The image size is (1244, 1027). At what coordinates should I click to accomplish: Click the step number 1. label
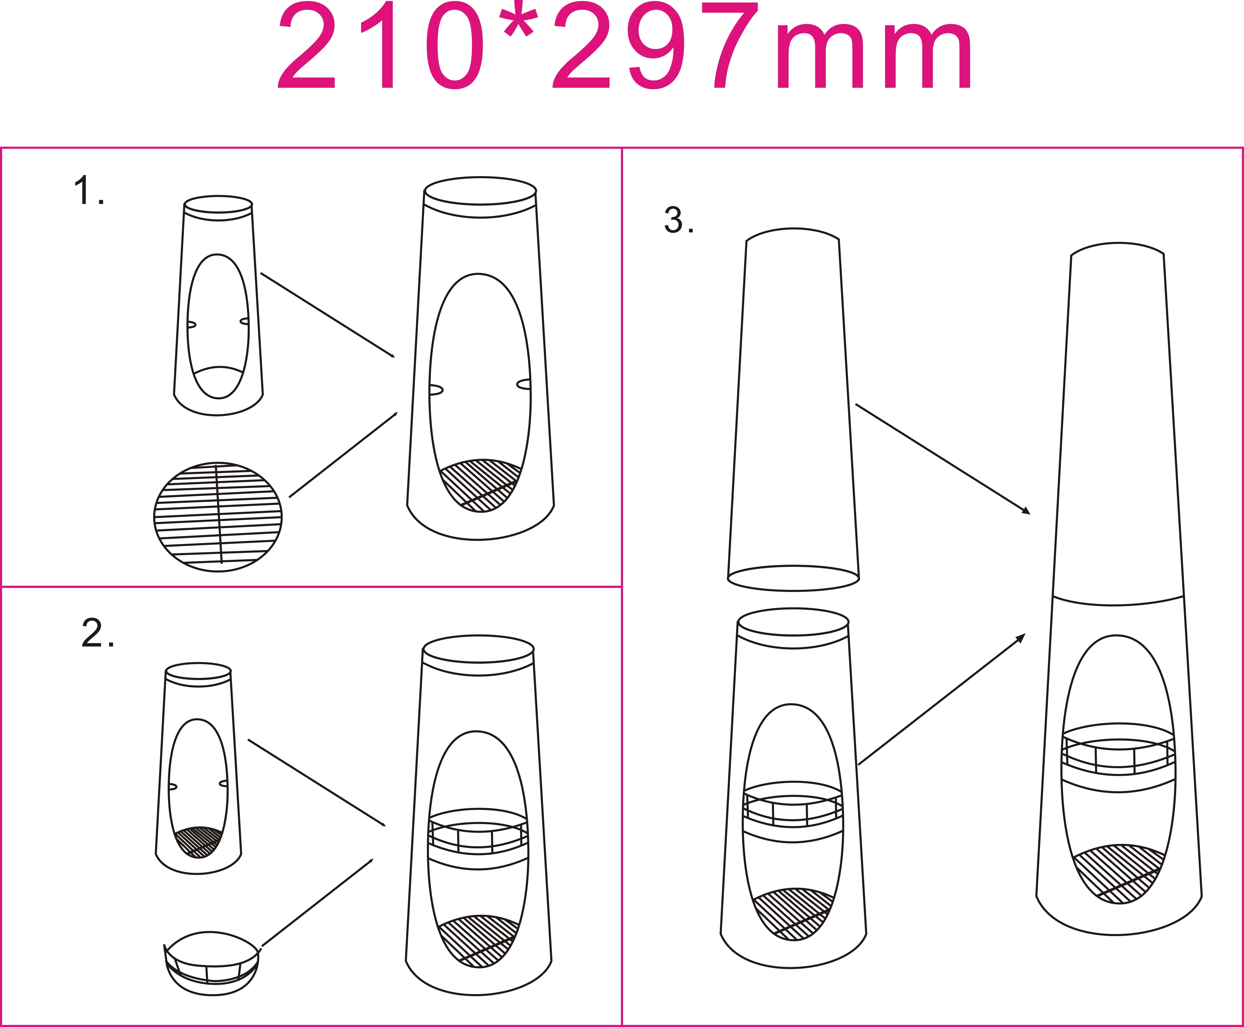89,191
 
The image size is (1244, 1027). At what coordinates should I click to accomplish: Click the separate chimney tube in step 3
793,409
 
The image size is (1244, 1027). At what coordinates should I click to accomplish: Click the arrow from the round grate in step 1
343,454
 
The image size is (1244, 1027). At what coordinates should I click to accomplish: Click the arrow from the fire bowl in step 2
317,902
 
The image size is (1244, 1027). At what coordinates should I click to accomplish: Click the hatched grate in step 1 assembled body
480,485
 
